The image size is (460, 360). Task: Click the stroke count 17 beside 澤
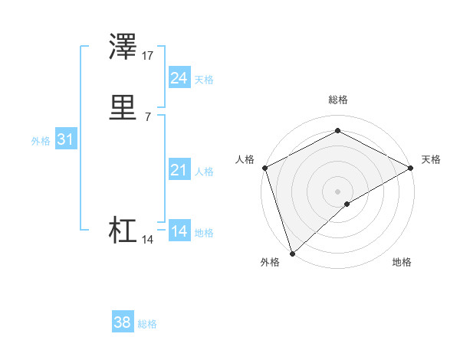coord(148,56)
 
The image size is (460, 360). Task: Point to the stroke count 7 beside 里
coord(148,116)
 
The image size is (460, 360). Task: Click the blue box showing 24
coord(179,78)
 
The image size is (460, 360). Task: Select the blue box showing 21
coord(179,170)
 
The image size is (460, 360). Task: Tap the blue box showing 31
coord(65,139)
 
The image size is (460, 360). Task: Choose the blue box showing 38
coord(122,322)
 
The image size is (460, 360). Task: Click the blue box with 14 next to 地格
coord(179,231)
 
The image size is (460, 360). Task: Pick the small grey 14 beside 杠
coord(148,240)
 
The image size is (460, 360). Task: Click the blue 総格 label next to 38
coord(147,324)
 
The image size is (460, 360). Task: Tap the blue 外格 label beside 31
coord(41,141)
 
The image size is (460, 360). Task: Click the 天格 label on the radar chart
coord(431,159)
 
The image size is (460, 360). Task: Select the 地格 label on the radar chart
coord(402,262)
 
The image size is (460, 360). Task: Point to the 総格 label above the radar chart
coord(337,100)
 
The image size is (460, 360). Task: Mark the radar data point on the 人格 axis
coord(264,168)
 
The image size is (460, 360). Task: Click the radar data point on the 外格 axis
coord(292,253)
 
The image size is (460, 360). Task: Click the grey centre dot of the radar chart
coord(337,191)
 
